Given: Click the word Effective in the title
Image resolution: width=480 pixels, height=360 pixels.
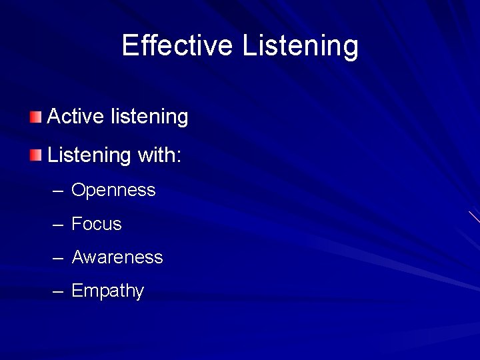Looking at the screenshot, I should point(177,46).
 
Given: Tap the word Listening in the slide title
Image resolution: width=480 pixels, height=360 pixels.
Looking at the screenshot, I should point(300,46).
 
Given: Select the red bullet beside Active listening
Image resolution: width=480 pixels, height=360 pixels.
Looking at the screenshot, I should point(35,117).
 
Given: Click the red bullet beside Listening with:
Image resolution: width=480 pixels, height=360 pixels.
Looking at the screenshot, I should point(35,156).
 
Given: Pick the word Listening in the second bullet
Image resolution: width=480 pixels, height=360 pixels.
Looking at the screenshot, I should point(89,156).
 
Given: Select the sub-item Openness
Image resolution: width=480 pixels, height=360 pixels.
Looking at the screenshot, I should point(113,191).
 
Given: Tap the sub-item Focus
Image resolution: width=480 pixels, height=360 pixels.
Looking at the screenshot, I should point(97,224).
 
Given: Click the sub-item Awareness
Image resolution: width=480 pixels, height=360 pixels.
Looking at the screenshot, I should point(117,257).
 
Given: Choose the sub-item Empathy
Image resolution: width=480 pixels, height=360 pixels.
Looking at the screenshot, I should point(107,291).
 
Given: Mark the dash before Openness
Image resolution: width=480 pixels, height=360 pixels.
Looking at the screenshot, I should point(58,191).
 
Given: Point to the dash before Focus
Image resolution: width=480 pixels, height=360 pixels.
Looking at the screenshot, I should point(58,225).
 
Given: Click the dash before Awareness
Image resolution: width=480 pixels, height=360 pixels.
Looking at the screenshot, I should point(58,258).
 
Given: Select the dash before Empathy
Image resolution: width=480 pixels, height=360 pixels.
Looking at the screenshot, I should point(58,291).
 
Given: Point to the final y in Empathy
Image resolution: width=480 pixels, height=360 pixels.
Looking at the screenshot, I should point(139,293).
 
